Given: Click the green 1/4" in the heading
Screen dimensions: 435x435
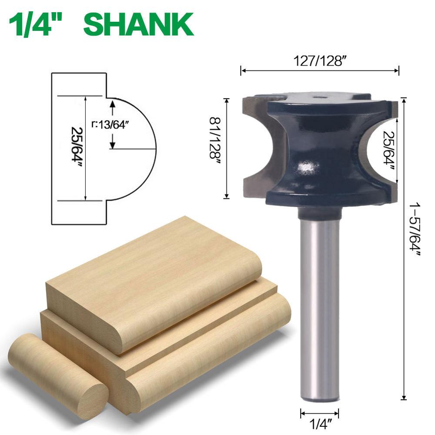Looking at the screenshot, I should pyautogui.click(x=39, y=24).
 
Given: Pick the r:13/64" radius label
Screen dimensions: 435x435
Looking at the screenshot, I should pyautogui.click(x=111, y=124).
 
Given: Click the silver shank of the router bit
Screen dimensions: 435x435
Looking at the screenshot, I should pyautogui.click(x=320, y=304).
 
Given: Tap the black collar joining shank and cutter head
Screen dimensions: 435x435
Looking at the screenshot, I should pyautogui.click(x=320, y=213).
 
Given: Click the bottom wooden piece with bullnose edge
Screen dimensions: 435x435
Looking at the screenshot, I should pyautogui.click(x=209, y=348).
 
